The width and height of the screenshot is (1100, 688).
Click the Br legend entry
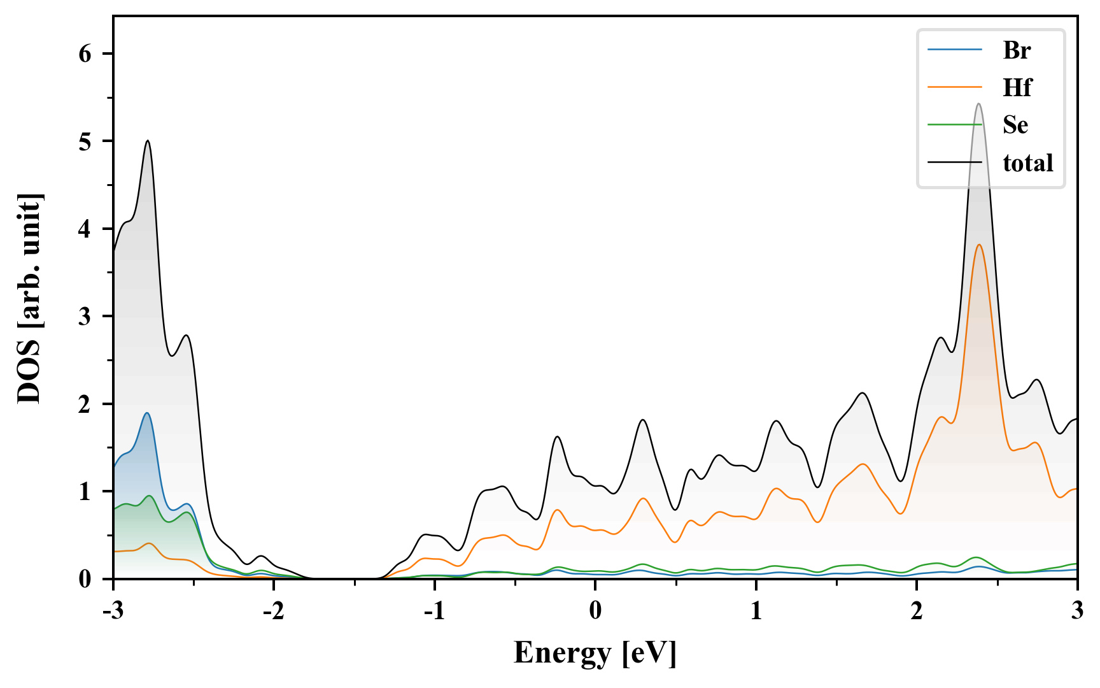(x=1016, y=50)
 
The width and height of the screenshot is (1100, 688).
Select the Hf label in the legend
(x=1017, y=87)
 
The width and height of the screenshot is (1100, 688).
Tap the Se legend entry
(x=1015, y=125)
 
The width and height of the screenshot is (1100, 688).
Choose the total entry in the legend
(x=1027, y=163)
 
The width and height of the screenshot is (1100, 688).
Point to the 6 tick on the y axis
(x=85, y=54)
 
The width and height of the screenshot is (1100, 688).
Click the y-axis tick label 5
(x=85, y=141)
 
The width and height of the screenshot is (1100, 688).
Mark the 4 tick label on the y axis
(x=85, y=229)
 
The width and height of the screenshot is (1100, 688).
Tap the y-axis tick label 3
(x=85, y=317)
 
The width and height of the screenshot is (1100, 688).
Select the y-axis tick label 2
(x=85, y=404)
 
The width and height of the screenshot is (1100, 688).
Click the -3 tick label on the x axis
(x=113, y=610)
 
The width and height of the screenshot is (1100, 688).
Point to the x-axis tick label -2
(x=273, y=610)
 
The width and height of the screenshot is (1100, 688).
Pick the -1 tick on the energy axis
(x=434, y=610)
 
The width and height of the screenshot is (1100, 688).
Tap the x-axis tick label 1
(x=756, y=610)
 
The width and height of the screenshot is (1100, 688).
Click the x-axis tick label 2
(x=917, y=610)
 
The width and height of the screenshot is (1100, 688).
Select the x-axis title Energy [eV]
(x=595, y=652)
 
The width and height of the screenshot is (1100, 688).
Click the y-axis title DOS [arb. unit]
(x=29, y=298)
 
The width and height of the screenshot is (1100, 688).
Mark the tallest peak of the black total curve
(x=978, y=104)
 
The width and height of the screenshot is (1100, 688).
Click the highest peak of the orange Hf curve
(x=978, y=245)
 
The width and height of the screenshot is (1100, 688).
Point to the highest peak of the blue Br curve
(x=147, y=413)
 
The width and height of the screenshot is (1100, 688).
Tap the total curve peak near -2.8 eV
(x=148, y=141)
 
